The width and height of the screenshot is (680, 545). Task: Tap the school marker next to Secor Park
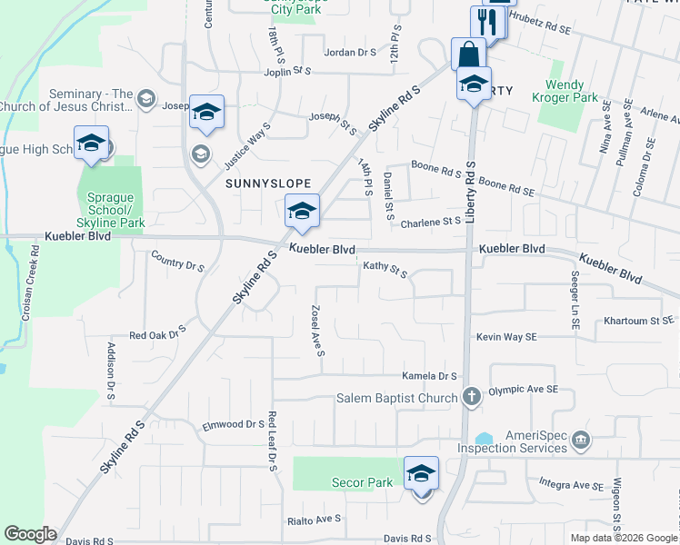click(x=421, y=474)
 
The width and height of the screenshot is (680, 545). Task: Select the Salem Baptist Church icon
click(x=471, y=396)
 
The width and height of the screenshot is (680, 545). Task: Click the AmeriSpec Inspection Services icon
click(x=579, y=442)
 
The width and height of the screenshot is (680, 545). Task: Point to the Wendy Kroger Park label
click(x=577, y=91)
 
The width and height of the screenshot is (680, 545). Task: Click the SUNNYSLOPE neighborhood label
click(x=263, y=183)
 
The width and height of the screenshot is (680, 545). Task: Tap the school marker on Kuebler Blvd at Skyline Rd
click(x=301, y=213)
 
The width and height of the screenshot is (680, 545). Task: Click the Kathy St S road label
click(x=385, y=269)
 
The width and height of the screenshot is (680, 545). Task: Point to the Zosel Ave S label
click(x=318, y=331)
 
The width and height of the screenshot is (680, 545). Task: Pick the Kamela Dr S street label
click(x=429, y=376)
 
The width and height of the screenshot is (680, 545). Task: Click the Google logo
click(x=29, y=534)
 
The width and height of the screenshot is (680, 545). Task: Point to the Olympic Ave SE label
click(x=523, y=390)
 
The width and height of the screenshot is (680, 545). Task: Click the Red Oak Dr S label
click(x=157, y=334)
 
